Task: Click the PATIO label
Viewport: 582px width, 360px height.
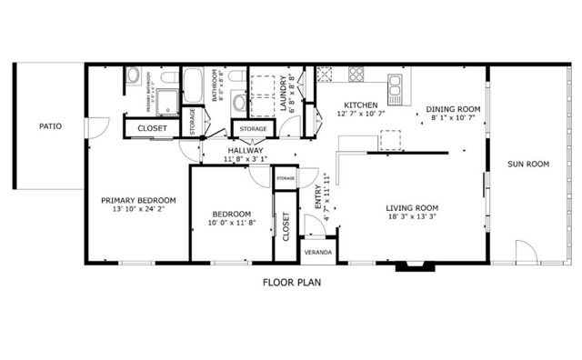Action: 50,126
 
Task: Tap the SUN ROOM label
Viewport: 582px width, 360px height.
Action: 528,165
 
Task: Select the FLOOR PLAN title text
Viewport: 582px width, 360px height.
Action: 292,282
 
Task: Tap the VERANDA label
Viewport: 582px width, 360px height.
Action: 317,251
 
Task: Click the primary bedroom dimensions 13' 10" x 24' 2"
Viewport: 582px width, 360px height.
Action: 138,209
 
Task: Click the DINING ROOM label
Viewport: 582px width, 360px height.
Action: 452,110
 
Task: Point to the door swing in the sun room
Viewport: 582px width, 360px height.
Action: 526,251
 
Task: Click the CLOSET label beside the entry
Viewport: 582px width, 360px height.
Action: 286,225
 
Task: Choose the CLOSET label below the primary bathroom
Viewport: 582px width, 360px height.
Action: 152,128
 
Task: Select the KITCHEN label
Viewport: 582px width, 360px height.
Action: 361,105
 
